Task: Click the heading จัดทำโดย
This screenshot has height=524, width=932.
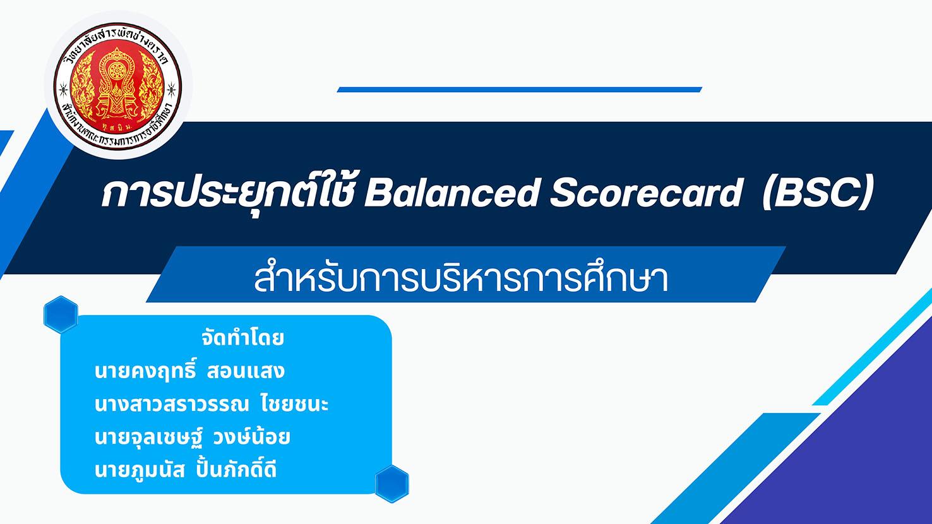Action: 242,338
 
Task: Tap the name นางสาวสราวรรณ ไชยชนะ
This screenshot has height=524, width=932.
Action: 212,404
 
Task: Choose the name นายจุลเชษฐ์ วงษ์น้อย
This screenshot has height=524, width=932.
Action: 192,438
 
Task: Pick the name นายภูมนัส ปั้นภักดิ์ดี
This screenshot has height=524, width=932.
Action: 186,470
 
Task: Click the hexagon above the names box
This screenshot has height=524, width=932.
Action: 61,314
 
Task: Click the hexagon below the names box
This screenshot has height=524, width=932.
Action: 392,484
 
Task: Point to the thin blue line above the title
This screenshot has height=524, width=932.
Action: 519,90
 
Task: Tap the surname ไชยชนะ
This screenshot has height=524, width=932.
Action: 295,404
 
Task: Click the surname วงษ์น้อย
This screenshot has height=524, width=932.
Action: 251,438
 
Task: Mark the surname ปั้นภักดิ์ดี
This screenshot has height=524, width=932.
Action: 236,470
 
